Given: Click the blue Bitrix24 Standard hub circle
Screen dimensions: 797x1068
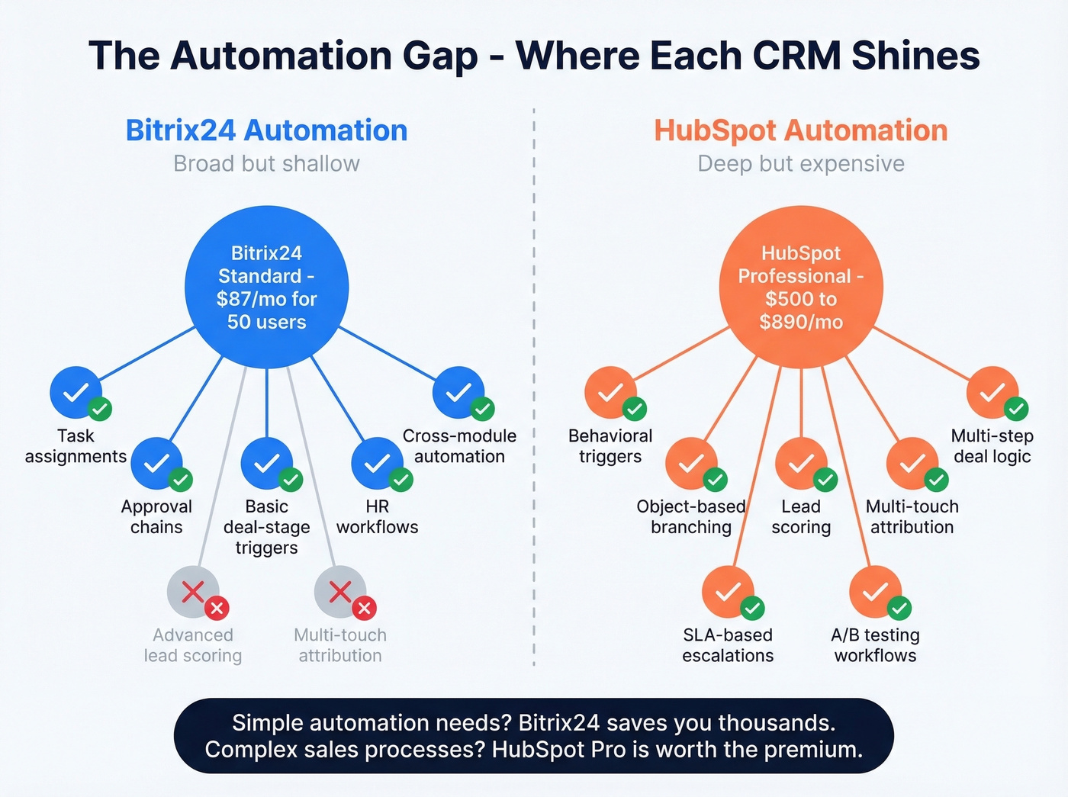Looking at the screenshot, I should (x=266, y=288).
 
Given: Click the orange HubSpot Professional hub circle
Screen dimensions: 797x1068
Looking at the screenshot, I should (x=801, y=288).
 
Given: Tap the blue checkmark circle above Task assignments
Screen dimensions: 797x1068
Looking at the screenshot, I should (x=76, y=392).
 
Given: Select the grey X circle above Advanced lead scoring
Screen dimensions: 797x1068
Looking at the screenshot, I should (x=193, y=591).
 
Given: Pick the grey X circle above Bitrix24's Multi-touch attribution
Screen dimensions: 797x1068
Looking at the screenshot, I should (x=340, y=591).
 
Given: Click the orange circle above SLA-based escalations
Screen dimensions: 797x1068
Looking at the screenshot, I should (x=728, y=591).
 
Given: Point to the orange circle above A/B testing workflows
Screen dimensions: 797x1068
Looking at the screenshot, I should (x=875, y=591).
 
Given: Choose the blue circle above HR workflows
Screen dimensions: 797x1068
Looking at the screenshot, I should (x=377, y=463).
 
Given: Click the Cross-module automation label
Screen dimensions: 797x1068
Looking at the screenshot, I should (x=459, y=446).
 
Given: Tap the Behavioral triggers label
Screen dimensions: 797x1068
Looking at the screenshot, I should (x=610, y=446).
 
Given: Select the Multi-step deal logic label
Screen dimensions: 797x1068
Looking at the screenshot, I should (x=992, y=446).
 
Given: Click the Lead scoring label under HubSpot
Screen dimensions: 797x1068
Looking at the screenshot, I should (x=801, y=517).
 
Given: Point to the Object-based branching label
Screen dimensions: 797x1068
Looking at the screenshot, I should (x=691, y=517).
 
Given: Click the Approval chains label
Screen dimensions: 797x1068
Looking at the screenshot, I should (x=156, y=517).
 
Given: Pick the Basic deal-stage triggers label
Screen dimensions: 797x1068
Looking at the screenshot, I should (x=266, y=527).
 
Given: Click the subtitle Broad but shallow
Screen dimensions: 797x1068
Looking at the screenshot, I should (x=266, y=164).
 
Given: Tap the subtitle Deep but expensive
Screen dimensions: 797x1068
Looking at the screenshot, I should (x=801, y=164).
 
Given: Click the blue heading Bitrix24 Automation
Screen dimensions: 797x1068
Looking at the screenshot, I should (x=266, y=130).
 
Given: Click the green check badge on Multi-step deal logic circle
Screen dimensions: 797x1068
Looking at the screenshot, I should (x=1015, y=409).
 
